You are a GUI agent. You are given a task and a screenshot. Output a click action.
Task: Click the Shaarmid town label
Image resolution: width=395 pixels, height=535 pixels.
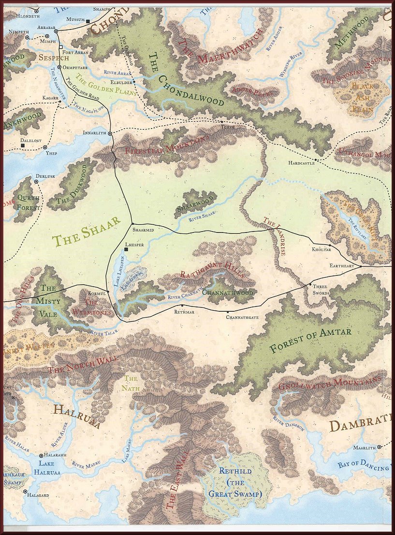[144, 231]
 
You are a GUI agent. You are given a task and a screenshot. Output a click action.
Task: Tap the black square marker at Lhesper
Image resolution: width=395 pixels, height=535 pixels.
[126, 249]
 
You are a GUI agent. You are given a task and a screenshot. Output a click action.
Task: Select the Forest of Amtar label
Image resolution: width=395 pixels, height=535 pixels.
[310, 340]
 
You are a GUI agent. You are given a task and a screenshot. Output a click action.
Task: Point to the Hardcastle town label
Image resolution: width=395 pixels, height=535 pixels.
[301, 163]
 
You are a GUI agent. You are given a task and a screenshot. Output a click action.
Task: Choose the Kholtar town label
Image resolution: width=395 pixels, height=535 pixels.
[322, 250]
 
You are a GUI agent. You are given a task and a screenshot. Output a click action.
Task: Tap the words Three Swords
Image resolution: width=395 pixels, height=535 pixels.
[321, 290]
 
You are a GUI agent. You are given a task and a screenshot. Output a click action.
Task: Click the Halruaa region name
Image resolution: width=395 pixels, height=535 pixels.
[77, 417]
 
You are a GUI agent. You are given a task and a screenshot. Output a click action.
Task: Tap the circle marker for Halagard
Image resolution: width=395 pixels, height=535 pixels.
[25, 492]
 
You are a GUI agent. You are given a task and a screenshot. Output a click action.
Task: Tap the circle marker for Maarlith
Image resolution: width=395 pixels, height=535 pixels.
[380, 447]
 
